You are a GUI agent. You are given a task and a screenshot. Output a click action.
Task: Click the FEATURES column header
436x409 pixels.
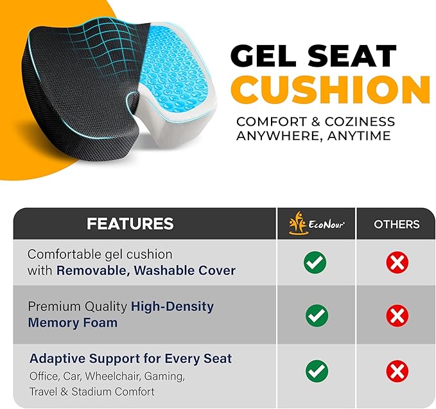130,223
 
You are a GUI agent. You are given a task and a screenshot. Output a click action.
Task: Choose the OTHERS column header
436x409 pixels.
397,224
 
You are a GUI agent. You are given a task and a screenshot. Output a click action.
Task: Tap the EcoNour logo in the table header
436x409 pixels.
316,223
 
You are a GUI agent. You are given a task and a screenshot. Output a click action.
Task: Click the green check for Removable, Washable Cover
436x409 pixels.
315,262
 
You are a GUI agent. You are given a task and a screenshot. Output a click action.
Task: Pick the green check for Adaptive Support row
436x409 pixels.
316,371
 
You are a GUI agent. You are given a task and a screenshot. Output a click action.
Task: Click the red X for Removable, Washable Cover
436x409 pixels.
397,262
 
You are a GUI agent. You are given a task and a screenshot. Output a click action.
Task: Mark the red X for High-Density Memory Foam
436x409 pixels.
397,315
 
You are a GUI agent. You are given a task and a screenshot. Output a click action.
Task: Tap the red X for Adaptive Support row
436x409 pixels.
397,371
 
